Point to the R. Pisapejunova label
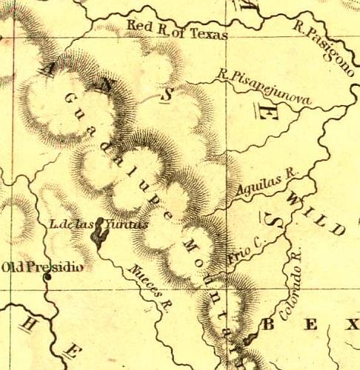coord(262,87)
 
